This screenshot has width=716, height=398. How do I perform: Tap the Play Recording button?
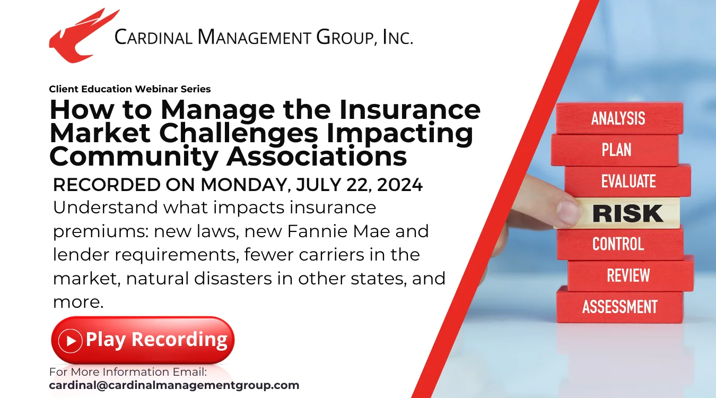[142, 340]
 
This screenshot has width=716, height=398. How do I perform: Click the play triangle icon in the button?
[71, 340]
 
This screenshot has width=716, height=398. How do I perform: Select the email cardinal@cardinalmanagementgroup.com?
[174, 385]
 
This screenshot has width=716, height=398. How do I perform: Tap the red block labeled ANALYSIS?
[618, 118]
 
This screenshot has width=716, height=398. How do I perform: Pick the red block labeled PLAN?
[615, 150]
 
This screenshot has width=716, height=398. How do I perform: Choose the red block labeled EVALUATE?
[628, 181]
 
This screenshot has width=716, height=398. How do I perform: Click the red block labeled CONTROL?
[618, 244]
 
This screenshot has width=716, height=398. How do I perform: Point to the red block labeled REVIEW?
[629, 275]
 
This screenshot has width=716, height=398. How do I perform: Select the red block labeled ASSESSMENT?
[619, 307]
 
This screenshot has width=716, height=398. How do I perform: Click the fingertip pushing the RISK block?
[566, 212]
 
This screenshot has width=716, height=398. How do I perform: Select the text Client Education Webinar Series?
[130, 89]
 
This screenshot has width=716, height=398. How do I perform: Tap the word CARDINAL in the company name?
[153, 37]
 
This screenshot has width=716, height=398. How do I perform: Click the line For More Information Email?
[128, 371]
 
